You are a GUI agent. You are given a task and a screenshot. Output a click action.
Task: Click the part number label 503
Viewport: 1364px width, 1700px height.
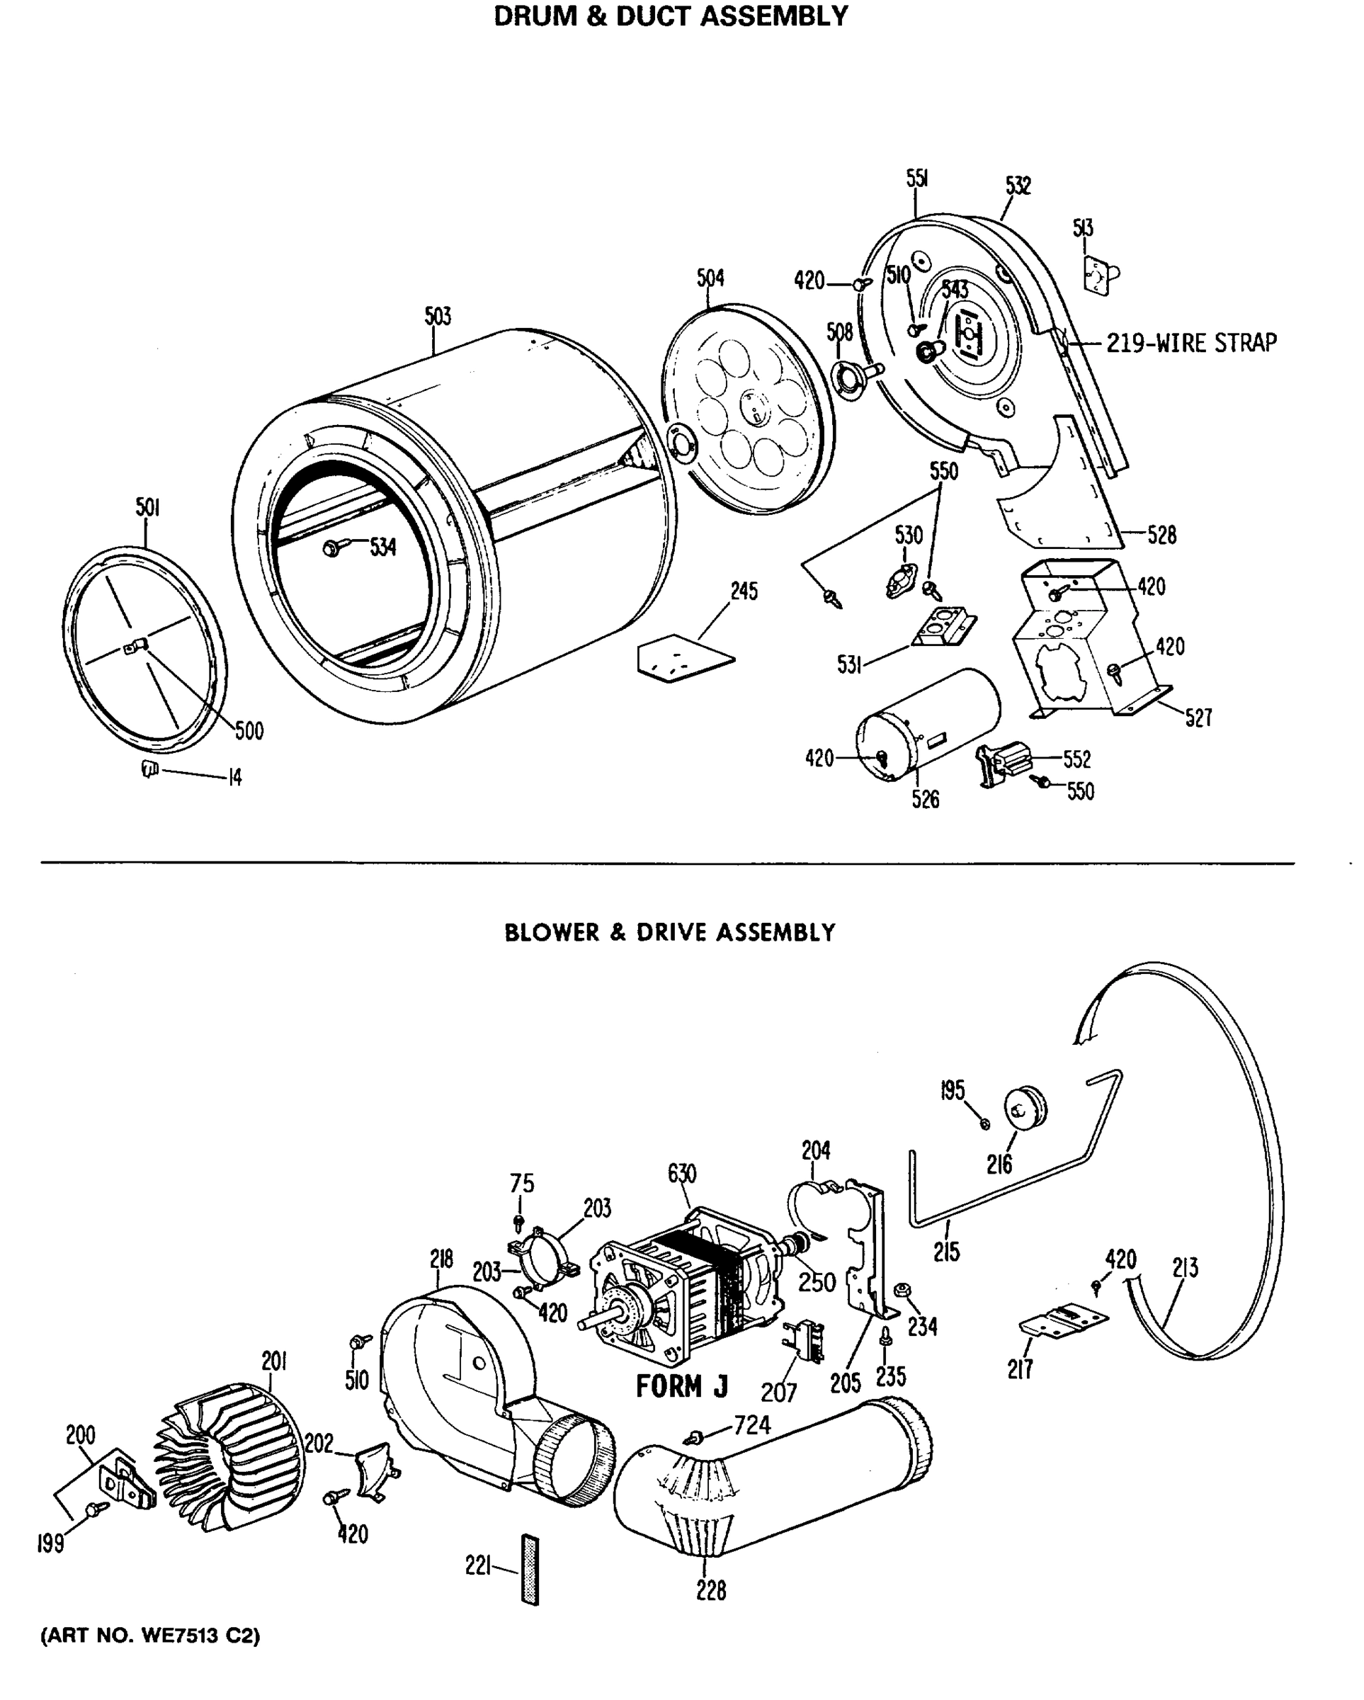click(438, 316)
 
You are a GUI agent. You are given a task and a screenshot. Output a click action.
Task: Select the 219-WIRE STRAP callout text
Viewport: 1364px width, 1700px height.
click(1190, 343)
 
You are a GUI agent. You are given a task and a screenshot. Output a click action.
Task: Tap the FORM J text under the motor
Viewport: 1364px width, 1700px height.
click(681, 1386)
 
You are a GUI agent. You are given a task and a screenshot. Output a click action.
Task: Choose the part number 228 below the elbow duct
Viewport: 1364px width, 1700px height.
click(710, 1591)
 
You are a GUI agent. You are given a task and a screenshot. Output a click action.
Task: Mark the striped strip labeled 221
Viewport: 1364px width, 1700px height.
click(530, 1569)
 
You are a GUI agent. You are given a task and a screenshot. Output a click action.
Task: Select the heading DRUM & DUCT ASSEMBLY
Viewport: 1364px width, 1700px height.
click(670, 16)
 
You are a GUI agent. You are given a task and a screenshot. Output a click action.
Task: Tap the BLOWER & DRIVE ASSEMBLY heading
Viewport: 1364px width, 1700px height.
click(669, 933)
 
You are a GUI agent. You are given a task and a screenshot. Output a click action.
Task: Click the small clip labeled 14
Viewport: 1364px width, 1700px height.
click(149, 769)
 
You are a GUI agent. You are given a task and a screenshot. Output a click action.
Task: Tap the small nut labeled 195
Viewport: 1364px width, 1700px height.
click(984, 1123)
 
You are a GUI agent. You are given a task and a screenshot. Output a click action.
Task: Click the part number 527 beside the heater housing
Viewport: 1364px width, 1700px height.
click(1198, 718)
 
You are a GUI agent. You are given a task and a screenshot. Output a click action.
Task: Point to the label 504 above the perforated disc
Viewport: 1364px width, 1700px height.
click(710, 278)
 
